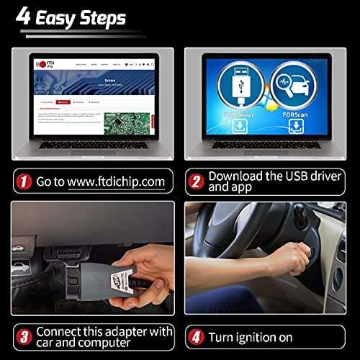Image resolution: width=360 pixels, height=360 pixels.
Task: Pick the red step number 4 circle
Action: coord(194,336)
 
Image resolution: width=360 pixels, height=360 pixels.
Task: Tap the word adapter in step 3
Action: coord(124,330)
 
